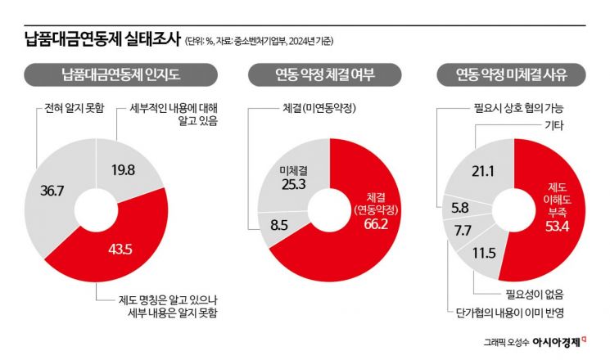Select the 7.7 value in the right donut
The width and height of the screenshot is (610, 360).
click(462, 231)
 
